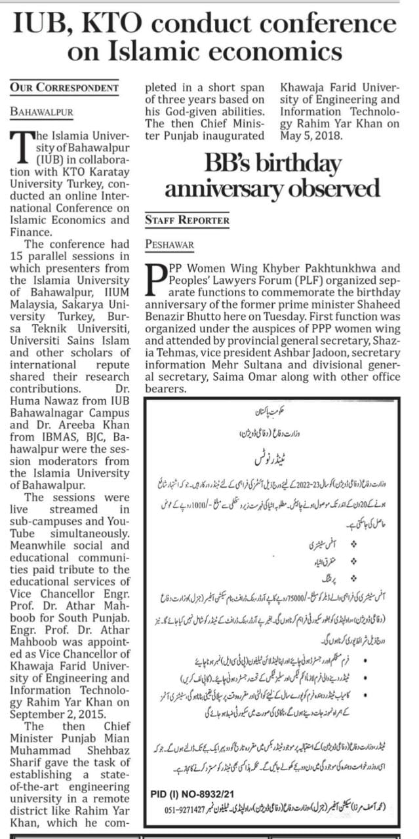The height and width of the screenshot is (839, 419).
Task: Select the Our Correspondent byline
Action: [x=64, y=87]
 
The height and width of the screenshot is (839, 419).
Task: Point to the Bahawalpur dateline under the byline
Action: [x=41, y=111]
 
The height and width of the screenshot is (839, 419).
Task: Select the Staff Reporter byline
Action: [x=187, y=220]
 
